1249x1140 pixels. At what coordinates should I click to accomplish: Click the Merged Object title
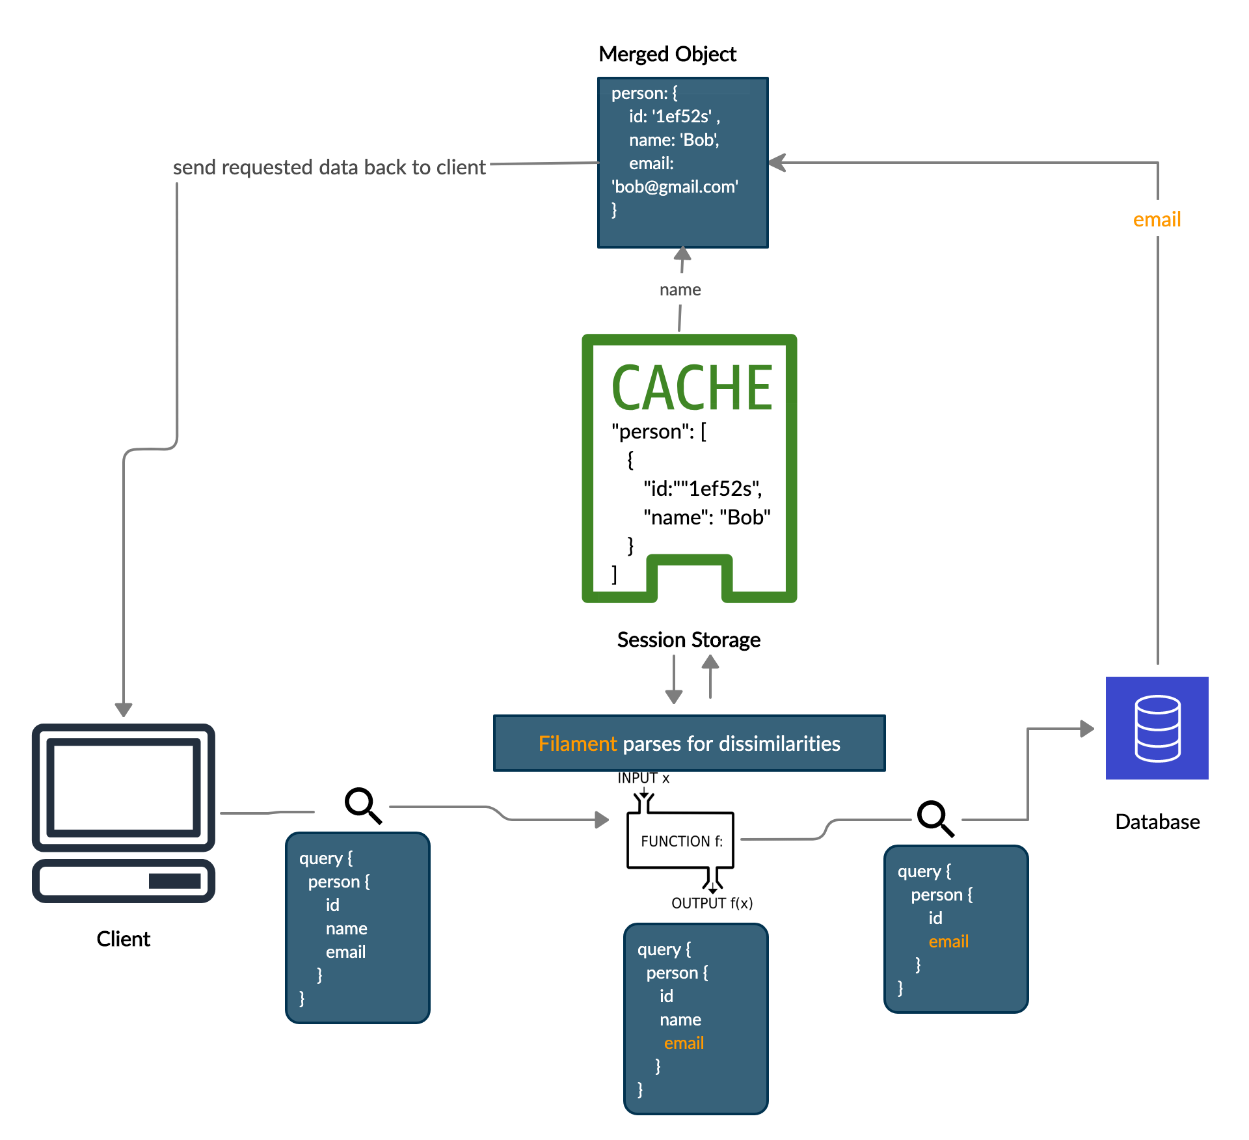(667, 54)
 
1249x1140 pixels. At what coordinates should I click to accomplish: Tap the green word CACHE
(692, 388)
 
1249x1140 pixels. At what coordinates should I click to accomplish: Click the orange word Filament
(577, 744)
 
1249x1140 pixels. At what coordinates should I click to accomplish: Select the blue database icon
(1157, 728)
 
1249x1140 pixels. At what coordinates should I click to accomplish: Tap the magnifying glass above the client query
(364, 806)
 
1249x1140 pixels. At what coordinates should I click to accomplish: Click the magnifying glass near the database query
(935, 819)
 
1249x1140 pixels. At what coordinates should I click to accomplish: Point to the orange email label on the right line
(1157, 219)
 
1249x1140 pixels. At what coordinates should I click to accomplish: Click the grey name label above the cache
(680, 290)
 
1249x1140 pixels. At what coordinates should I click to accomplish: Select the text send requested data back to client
(329, 167)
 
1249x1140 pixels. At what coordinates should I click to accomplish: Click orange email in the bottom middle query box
(684, 1043)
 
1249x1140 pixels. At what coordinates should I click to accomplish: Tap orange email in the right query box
(948, 942)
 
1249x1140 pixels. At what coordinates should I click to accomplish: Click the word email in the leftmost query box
(345, 952)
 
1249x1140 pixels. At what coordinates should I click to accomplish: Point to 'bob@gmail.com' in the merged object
(675, 187)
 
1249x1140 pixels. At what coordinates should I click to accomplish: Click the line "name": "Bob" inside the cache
(706, 517)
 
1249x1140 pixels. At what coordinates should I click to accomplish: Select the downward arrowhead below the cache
(674, 696)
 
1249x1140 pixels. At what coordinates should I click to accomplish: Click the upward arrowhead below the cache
(710, 662)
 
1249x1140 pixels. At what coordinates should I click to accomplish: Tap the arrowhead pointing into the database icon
(1086, 729)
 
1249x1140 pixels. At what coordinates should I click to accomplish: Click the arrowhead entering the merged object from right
(777, 163)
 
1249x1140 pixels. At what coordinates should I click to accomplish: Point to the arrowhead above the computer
(124, 709)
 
